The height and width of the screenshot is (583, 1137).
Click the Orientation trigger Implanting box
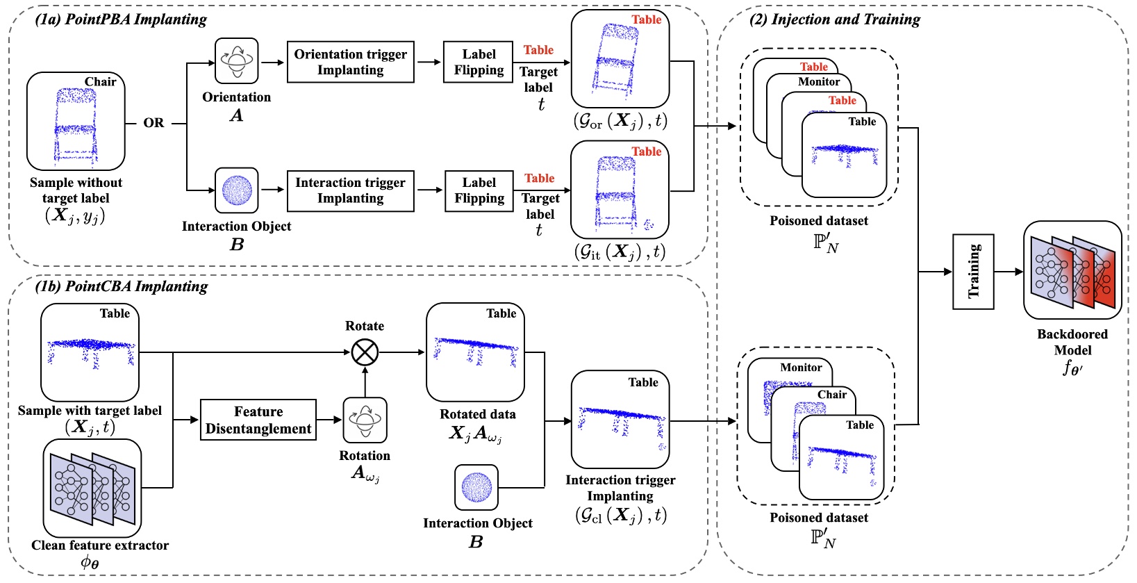350,62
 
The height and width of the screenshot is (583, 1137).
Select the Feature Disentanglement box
258,420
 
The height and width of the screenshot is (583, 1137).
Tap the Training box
972,272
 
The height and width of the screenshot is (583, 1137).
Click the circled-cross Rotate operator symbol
365,352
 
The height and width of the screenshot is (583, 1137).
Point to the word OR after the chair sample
153,123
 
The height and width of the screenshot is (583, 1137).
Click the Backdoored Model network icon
1072,270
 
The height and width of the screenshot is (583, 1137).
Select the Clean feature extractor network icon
92,488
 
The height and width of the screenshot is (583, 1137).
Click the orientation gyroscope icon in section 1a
236,61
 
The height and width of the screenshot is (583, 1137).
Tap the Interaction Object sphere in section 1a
236,190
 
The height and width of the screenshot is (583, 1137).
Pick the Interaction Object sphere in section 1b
476,487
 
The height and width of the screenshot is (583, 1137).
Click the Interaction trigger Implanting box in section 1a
350,190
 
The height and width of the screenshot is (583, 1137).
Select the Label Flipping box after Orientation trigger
479,62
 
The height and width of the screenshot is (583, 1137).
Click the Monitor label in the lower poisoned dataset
801,368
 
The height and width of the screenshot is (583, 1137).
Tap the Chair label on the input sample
101,81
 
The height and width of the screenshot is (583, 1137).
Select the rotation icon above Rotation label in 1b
365,420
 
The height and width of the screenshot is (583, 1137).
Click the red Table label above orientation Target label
538,50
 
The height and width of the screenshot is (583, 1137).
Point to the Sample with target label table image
90,352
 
